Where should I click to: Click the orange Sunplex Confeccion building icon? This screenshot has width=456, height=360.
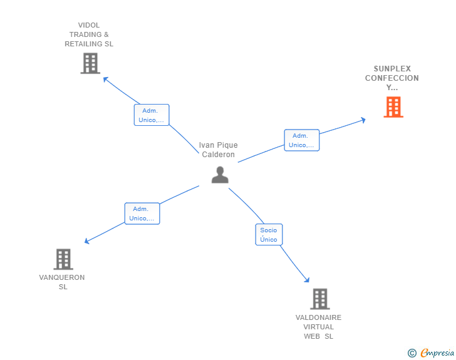[393, 107]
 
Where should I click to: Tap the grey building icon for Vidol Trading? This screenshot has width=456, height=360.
[90, 63]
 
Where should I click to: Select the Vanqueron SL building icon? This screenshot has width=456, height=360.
[63, 259]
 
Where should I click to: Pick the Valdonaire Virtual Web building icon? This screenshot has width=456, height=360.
[319, 299]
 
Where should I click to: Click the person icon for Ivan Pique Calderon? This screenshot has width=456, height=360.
[220, 175]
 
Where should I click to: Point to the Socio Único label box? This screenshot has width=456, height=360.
[269, 235]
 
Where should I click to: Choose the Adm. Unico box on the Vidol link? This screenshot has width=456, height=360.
[152, 115]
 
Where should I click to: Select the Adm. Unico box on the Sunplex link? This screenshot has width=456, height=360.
[301, 140]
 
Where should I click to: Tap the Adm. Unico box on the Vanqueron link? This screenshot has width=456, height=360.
[142, 213]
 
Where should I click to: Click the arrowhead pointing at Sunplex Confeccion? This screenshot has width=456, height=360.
[363, 120]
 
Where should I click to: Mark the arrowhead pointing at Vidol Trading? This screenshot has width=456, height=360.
[106, 80]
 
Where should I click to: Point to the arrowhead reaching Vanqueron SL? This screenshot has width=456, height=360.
[87, 241]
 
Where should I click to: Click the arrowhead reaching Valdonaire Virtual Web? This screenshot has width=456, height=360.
[307, 280]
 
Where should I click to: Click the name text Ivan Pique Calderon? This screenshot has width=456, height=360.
[219, 150]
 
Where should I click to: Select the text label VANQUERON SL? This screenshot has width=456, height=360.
[62, 282]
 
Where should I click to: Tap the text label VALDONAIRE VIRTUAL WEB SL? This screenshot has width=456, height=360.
[319, 327]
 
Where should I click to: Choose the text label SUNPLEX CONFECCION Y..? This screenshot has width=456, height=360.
[392, 78]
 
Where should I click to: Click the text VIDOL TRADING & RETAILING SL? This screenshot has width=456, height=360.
[90, 35]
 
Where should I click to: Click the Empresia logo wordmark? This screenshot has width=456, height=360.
[437, 353]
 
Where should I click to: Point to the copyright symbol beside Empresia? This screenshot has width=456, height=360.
[412, 353]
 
